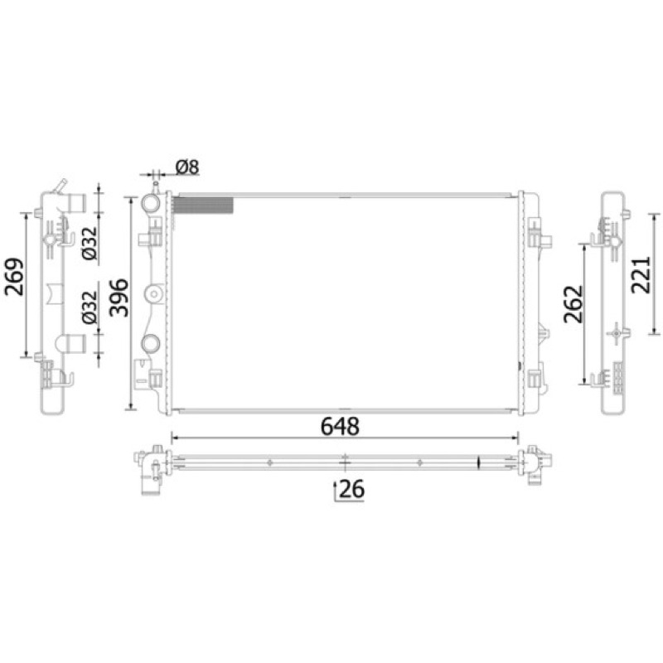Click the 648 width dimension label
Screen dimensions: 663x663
point(340,426)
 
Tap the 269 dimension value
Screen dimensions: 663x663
point(14,277)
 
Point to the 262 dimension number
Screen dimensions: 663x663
point(573,304)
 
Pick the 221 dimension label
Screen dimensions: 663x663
point(641,275)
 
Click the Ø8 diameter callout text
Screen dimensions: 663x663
point(187,167)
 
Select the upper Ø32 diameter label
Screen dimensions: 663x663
point(90,244)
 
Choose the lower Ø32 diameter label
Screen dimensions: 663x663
point(90,307)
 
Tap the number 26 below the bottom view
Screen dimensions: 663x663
point(351,489)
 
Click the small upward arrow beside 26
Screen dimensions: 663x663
point(336,491)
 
